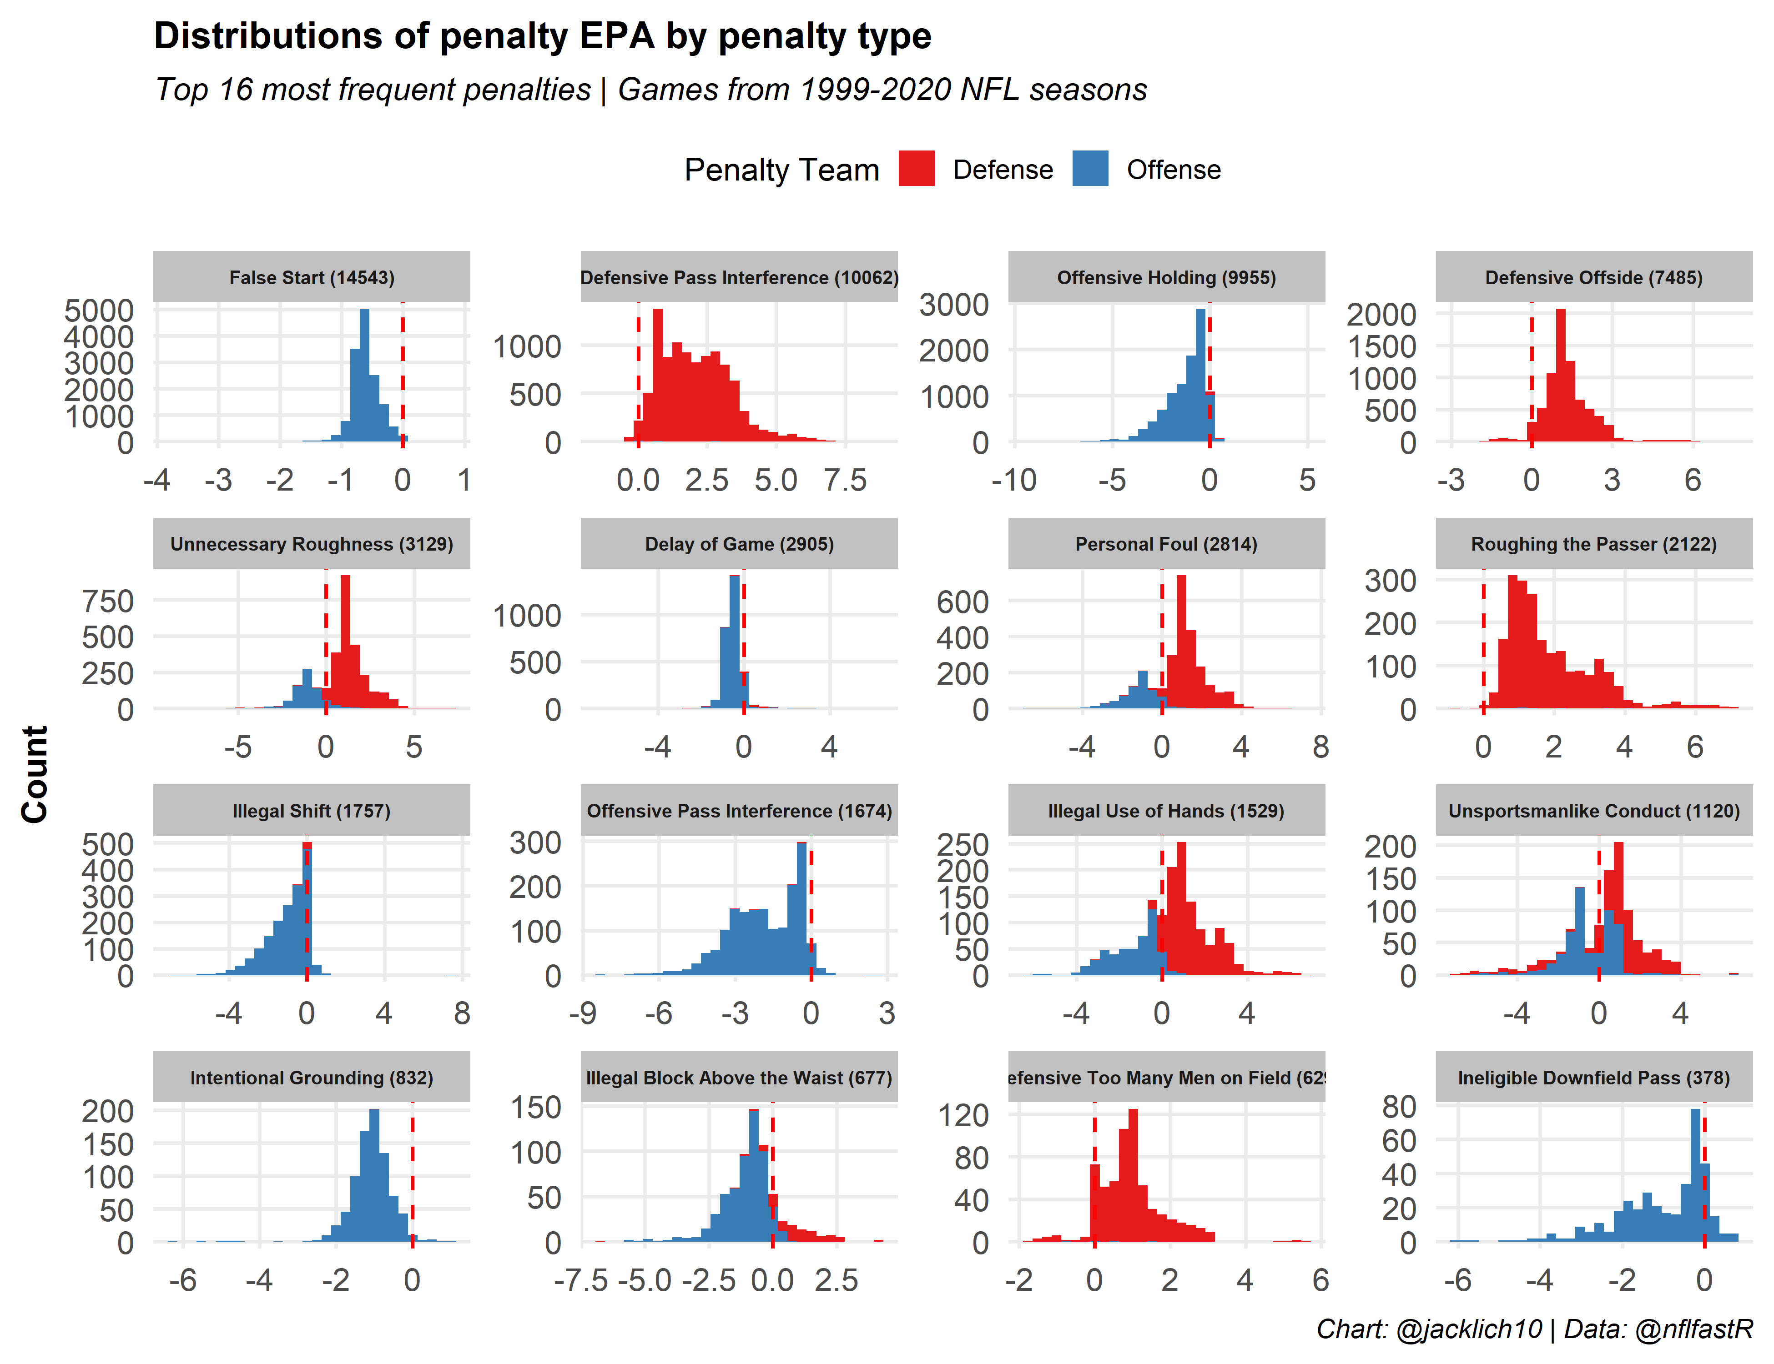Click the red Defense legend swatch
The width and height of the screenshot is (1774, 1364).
[x=916, y=169]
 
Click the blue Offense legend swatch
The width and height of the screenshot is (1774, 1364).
[x=1089, y=169]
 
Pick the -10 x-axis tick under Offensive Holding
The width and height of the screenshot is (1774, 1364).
[x=1014, y=480]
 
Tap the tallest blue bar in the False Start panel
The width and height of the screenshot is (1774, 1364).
[x=365, y=373]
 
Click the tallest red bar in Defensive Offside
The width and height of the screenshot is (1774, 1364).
[x=1560, y=373]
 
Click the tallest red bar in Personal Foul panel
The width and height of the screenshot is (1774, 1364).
[x=1181, y=642]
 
